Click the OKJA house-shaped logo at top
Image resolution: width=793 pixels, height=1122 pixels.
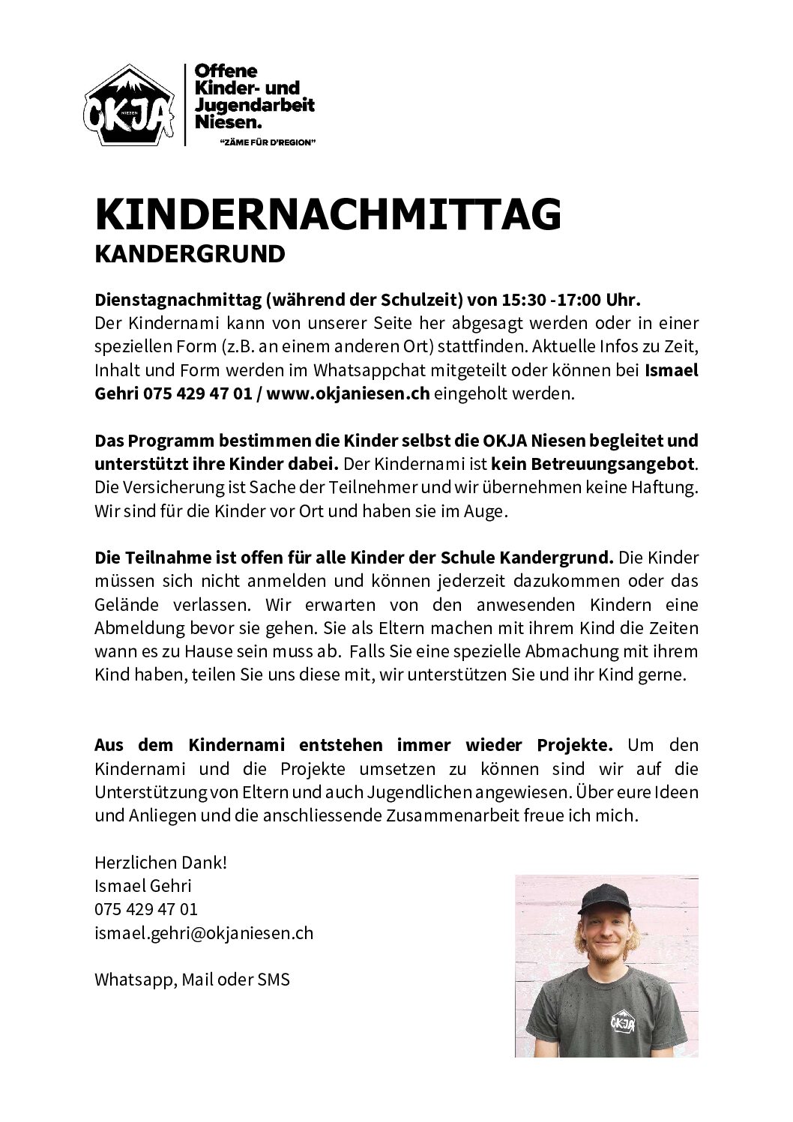pyautogui.click(x=128, y=105)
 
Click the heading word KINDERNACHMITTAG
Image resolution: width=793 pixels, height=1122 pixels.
pyautogui.click(x=328, y=214)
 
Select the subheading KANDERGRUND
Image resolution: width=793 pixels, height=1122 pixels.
pyautogui.click(x=190, y=255)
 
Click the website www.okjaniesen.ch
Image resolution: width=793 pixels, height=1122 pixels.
pyautogui.click(x=348, y=394)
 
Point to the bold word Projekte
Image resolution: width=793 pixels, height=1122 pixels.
pyautogui.click(x=574, y=745)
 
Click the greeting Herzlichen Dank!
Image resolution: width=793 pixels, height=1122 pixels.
pyautogui.click(x=160, y=863)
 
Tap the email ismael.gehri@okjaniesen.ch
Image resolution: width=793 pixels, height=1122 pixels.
pyautogui.click(x=204, y=933)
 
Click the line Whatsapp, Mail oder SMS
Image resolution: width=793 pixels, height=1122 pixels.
pyautogui.click(x=192, y=980)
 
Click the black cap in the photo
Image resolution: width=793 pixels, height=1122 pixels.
pyautogui.click(x=606, y=891)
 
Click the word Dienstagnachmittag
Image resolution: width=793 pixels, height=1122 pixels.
pyautogui.click(x=175, y=301)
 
